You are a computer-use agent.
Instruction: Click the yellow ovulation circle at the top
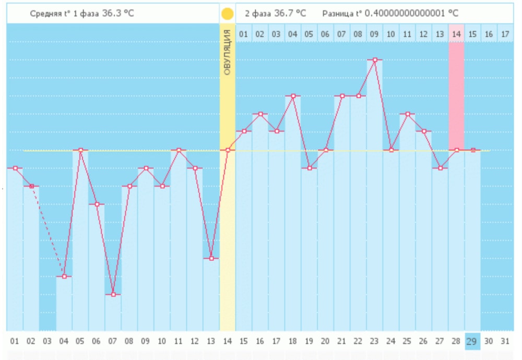228,14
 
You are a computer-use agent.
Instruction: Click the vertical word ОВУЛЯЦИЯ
227,53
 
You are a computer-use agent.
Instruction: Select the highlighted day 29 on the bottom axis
471,341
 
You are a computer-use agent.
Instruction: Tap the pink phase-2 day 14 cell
456,34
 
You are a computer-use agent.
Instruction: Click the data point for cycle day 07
113,294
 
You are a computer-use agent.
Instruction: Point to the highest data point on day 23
374,60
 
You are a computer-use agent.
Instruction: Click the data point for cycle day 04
64,276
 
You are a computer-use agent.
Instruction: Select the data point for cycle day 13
211,258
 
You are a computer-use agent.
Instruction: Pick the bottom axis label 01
15,341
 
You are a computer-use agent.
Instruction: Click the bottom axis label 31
504,341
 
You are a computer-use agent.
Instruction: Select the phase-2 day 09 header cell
374,34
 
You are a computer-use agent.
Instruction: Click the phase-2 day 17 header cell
504,34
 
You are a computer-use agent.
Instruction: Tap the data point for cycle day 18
293,96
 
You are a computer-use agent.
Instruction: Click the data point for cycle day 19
309,168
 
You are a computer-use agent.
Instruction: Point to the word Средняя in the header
45,13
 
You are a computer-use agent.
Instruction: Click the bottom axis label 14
228,341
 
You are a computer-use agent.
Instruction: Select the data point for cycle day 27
440,168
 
